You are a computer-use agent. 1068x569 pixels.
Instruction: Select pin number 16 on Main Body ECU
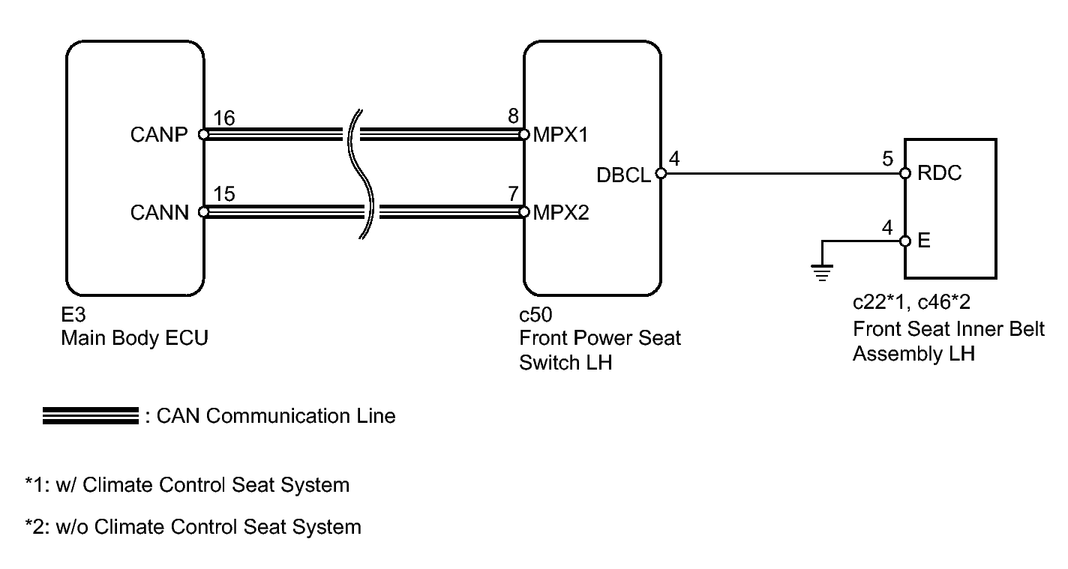pos(223,118)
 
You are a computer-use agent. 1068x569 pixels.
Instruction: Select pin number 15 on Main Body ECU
pos(223,195)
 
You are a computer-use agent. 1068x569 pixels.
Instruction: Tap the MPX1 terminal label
pos(560,135)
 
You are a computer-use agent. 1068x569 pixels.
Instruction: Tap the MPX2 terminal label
pos(561,212)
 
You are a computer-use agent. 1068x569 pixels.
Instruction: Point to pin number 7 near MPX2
pos(512,195)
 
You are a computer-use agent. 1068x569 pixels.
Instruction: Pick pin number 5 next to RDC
pos(887,158)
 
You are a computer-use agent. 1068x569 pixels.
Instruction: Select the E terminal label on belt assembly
pos(924,242)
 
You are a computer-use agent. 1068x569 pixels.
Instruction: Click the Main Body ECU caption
pos(134,338)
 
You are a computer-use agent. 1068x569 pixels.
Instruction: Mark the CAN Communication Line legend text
pos(275,415)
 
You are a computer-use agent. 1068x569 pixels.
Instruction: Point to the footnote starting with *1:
pos(187,485)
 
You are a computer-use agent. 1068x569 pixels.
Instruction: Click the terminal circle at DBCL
pos(660,174)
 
